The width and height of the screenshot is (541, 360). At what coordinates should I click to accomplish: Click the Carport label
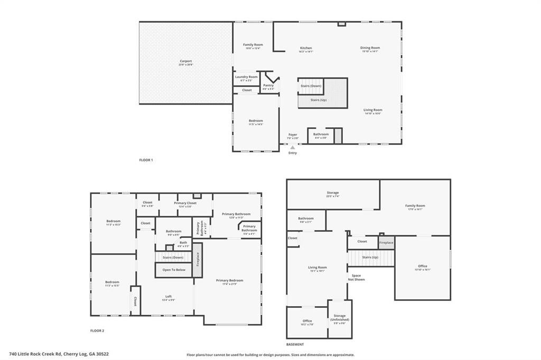tap(185, 61)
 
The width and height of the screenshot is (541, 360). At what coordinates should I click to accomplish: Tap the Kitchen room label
tap(306, 48)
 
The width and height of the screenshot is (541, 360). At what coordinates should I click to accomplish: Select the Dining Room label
tap(370, 48)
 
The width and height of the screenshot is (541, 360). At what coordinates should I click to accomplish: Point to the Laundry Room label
tap(246, 77)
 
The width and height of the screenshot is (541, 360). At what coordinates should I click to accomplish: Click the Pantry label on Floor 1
tap(268, 86)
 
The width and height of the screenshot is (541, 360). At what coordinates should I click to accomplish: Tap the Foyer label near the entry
tap(293, 135)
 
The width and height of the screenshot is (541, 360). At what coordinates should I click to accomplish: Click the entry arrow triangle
tap(293, 147)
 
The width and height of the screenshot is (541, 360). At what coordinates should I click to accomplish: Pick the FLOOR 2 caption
tap(97, 330)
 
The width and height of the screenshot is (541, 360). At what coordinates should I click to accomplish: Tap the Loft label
tap(169, 297)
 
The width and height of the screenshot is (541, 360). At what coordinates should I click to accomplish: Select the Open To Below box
tap(174, 270)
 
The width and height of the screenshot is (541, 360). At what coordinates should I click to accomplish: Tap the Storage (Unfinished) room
tap(339, 318)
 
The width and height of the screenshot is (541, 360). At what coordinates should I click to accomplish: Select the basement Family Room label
tap(415, 206)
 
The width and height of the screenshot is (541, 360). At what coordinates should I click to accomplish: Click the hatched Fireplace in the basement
tap(386, 242)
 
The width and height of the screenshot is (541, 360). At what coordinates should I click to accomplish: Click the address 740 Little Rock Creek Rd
tap(59, 354)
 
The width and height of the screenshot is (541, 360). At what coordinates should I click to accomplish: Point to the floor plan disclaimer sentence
tap(270, 355)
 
